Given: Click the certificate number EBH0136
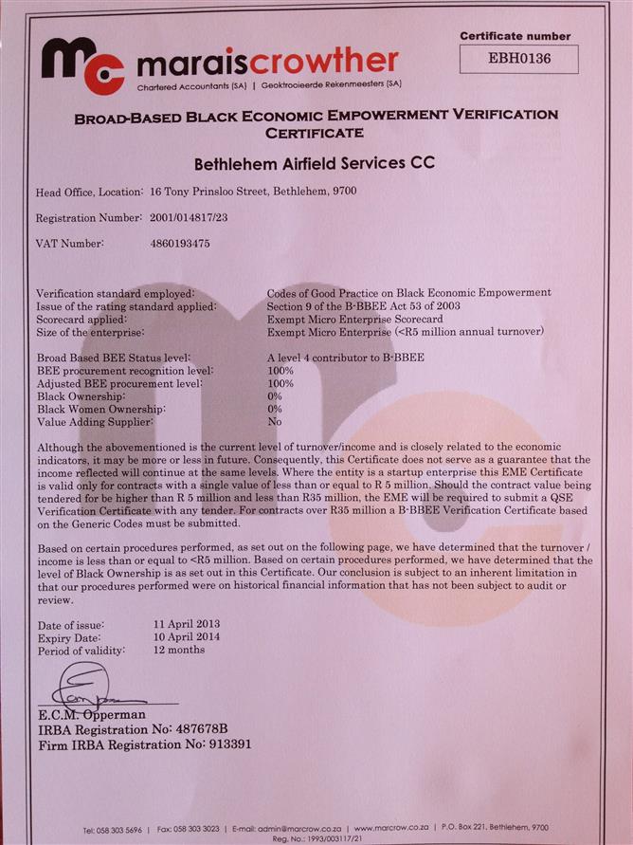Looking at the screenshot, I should pos(518,59).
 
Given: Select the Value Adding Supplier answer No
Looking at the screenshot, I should pos(275,420).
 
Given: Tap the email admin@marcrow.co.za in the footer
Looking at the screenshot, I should pos(294,829).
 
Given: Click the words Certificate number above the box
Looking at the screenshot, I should pos(518,35).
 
